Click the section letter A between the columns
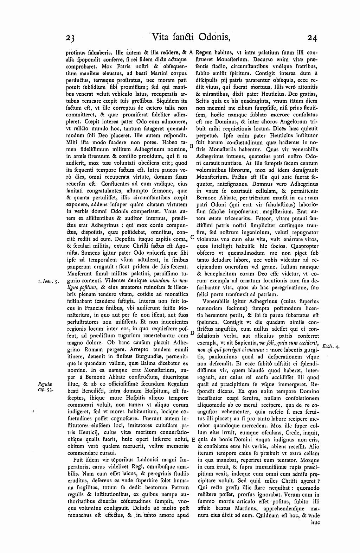191,52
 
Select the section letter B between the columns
191,145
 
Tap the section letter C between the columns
192,237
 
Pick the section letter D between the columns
192,332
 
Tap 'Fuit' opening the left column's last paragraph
78,460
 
